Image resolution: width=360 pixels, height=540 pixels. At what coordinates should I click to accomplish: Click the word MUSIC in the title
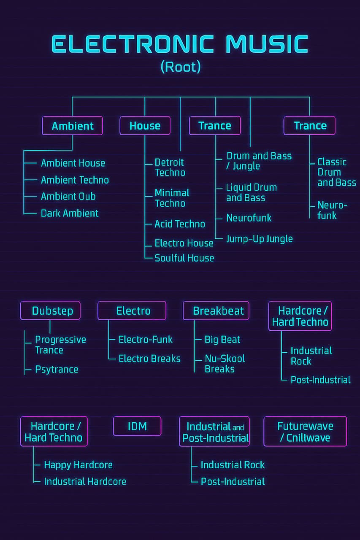click(x=267, y=44)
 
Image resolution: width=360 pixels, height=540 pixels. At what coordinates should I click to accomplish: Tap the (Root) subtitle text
click(x=180, y=67)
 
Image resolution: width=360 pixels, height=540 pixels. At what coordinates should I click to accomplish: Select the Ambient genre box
click(x=73, y=126)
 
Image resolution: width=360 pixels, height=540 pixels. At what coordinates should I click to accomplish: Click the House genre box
click(x=145, y=126)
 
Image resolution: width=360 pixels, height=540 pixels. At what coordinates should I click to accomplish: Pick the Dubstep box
click(x=50, y=311)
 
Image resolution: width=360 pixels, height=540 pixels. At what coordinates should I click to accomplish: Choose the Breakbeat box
click(x=216, y=311)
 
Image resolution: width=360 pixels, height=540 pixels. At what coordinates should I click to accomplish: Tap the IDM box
click(x=137, y=426)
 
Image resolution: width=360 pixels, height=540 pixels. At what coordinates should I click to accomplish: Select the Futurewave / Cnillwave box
click(x=305, y=431)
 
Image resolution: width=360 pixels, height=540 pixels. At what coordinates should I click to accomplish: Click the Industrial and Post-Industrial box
click(x=214, y=432)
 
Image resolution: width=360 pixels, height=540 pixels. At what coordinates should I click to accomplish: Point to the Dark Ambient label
click(x=70, y=213)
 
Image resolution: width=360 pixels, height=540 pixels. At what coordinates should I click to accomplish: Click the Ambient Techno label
click(x=75, y=180)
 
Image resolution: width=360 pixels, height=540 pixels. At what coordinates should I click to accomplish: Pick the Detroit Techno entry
click(x=170, y=167)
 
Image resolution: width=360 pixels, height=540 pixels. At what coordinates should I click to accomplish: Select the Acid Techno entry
click(x=180, y=224)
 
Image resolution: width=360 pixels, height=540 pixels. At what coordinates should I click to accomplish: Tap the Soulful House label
click(x=184, y=258)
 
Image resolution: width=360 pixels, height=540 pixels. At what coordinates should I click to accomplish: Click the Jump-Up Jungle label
click(x=260, y=239)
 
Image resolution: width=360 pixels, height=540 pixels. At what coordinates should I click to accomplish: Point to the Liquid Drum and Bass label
click(x=252, y=192)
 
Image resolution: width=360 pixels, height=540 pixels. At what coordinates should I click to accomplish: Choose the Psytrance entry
click(x=57, y=370)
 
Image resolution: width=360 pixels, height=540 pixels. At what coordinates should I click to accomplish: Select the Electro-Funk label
click(x=146, y=340)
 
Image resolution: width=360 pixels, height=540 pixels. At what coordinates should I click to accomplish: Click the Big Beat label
click(x=222, y=340)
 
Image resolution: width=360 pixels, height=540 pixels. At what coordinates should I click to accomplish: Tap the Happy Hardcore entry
click(x=78, y=465)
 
